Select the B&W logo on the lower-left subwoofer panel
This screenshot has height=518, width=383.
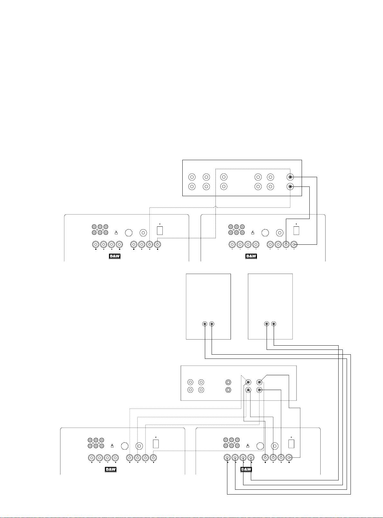click(110, 469)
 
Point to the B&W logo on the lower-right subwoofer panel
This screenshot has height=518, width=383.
click(246, 469)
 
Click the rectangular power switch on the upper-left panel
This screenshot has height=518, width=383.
click(160, 231)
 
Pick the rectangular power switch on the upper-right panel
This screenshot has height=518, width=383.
click(296, 231)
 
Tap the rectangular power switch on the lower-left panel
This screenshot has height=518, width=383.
click(156, 444)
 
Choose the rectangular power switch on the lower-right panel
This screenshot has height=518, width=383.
click(291, 444)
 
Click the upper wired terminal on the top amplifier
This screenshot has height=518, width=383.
click(290, 177)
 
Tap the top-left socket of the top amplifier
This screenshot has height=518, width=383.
click(192, 177)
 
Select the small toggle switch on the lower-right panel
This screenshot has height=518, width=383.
click(248, 446)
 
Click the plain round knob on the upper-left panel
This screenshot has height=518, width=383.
click(129, 232)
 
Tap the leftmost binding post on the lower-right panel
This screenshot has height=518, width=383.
click(227, 458)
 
